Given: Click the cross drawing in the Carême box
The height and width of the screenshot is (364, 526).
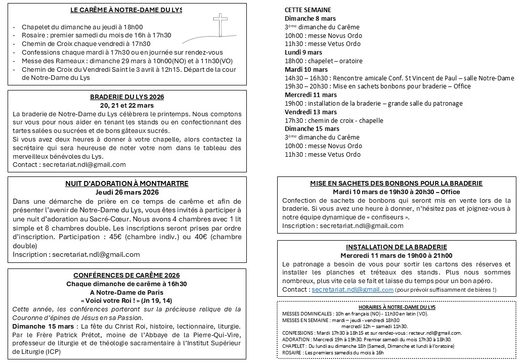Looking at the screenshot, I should point(221,26).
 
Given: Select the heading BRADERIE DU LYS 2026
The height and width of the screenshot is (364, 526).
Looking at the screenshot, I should point(127,97).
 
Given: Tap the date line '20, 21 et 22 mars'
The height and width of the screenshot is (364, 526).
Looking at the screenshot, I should point(127,105).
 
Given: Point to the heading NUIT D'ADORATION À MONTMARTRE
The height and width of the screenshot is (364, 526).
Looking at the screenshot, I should point(127,184).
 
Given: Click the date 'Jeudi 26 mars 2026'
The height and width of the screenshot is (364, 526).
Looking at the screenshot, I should point(127,192).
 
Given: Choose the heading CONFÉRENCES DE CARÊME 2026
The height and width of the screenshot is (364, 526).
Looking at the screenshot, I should point(127,275).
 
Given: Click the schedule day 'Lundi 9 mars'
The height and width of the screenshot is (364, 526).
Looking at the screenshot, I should point(303,52).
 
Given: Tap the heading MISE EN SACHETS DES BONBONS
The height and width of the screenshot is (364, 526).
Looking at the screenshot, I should point(396,184).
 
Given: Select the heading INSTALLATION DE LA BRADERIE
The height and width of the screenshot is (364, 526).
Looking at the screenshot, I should point(396,247).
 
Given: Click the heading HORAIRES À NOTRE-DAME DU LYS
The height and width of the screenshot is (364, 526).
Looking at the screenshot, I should point(396,307).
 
